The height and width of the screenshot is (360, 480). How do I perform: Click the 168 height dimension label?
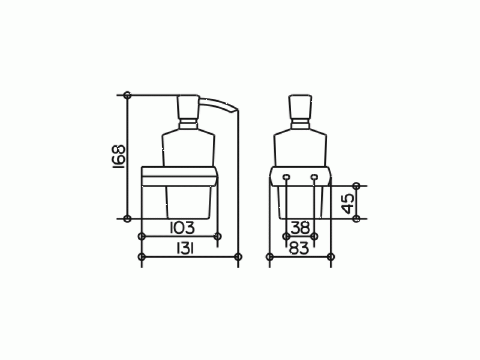(x=119, y=157)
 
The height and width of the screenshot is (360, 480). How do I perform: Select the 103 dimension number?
(x=182, y=228)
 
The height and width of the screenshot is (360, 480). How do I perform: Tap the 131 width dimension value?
(x=185, y=248)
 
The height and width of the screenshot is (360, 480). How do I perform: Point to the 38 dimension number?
(x=301, y=228)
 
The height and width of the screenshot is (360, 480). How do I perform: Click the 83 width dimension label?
(x=299, y=248)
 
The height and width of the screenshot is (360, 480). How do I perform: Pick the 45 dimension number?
(x=348, y=203)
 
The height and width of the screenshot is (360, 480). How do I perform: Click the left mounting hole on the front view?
(x=286, y=176)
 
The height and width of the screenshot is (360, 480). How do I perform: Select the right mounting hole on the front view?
(x=314, y=176)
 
